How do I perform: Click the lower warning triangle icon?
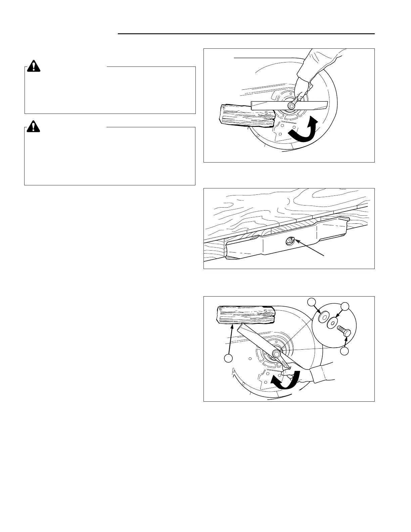click(x=33, y=126)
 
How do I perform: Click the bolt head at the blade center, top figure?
click(x=291, y=105)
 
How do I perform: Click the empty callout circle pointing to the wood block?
click(x=228, y=358)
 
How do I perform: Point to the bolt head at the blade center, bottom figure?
click(x=276, y=353)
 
